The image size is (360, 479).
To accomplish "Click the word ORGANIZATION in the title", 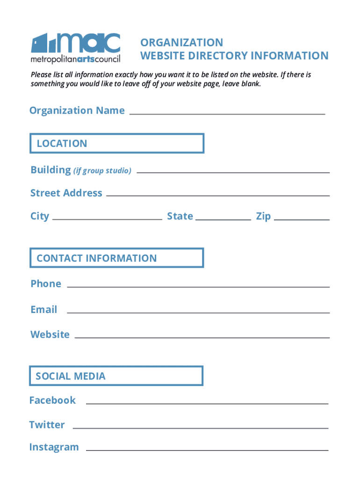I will (182, 43).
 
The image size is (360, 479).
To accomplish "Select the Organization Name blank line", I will (227, 114).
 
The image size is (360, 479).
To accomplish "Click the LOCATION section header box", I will (117, 143).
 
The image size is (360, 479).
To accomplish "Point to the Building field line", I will (233, 172).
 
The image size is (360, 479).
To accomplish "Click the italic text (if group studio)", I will (102, 171).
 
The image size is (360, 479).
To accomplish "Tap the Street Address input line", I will (218, 195).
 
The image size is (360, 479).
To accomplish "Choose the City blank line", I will (108, 219).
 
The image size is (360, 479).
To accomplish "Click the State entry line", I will (223, 219).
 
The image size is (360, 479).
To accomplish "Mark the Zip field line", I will (302, 219).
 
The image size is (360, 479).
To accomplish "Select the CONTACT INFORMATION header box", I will (117, 258).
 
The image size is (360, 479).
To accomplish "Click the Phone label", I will (46, 284).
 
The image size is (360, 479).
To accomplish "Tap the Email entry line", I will (198, 312).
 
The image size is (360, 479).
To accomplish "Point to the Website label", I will (50, 334).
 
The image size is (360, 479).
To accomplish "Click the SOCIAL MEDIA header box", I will (116, 376).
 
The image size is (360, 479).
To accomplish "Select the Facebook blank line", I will (207, 403).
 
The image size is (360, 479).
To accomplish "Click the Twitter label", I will (47, 425).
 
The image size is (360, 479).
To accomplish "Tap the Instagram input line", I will (207, 450).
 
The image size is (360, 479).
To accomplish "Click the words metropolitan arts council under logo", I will (75, 59).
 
